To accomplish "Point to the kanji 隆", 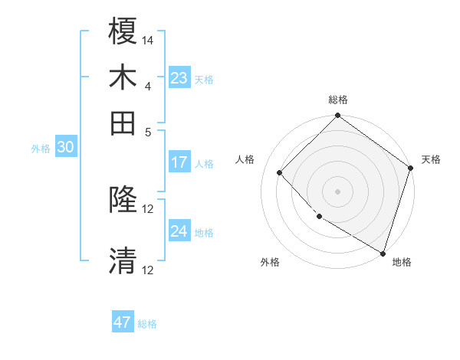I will click(123, 201).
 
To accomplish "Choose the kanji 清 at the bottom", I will click(123, 260).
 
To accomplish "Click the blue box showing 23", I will click(179, 78).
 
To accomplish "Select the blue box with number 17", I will click(179, 162).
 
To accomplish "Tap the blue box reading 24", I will click(179, 231).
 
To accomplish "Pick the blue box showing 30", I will click(65, 149).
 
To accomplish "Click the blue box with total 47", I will click(123, 322).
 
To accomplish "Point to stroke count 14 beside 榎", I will click(148, 40).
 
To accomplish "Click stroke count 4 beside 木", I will click(147, 85).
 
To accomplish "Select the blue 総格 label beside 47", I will click(147, 324).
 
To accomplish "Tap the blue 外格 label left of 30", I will click(41, 149).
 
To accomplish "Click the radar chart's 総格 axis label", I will click(338, 100).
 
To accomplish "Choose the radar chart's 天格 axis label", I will click(431, 159).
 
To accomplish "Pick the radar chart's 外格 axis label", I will click(270, 262).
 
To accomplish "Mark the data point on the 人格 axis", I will click(280, 172).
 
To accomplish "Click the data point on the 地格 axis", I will click(383, 253).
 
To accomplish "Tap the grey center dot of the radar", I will click(338, 191).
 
